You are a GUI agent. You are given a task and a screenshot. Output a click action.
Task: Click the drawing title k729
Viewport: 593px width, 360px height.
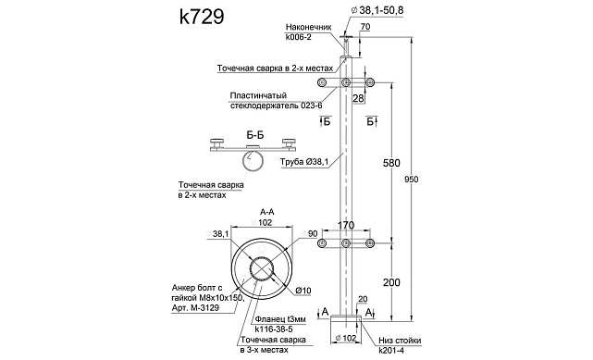(202, 17)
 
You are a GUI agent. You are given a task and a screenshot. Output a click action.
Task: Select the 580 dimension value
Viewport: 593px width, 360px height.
(391, 163)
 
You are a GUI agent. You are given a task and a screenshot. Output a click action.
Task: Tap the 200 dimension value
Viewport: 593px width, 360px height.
(391, 282)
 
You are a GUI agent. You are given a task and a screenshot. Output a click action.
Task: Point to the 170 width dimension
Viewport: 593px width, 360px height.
(346, 226)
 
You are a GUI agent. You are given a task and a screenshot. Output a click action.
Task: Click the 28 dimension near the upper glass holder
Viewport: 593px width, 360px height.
(358, 98)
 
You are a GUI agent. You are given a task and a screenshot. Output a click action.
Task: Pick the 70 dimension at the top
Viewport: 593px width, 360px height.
(365, 27)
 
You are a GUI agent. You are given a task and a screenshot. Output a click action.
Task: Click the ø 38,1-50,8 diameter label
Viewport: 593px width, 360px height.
(377, 10)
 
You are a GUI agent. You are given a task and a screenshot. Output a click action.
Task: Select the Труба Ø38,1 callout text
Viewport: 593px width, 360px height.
(304, 162)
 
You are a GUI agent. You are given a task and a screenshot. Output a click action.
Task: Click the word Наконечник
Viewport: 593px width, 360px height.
(309, 27)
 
